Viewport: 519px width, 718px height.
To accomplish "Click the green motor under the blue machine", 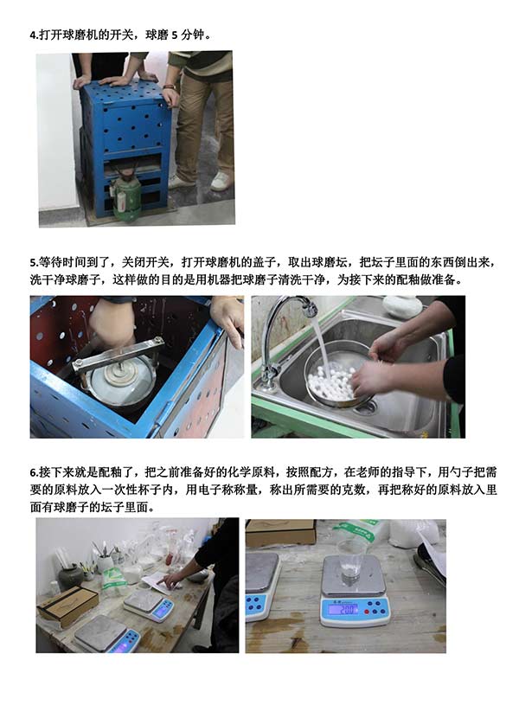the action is click(x=125, y=197).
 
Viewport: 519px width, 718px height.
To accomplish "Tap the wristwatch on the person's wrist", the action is click(x=169, y=86).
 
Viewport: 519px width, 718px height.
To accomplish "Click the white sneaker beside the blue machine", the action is click(x=221, y=182).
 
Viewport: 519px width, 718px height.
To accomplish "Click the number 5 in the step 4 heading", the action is click(x=175, y=35).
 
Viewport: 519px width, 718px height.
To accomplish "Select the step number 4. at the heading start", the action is click(x=34, y=35).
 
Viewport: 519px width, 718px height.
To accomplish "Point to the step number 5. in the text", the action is click(x=34, y=263).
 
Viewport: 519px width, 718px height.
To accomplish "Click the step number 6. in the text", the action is click(x=34, y=472).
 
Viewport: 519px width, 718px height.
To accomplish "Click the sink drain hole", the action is click(x=368, y=405).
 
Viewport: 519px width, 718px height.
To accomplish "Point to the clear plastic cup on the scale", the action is click(x=351, y=561).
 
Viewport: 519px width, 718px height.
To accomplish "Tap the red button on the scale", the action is click(x=366, y=611).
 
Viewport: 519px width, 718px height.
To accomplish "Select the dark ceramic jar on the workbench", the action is click(x=71, y=577).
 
